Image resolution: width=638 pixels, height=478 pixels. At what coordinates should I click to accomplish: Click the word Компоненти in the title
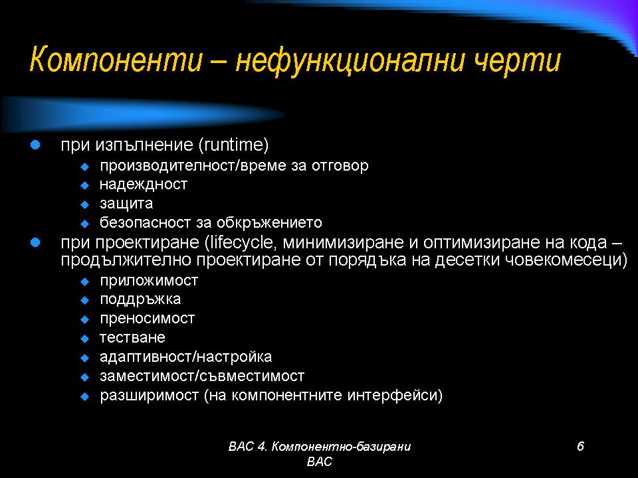pyautogui.click(x=116, y=60)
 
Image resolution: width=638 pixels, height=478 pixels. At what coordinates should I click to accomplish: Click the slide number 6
pyautogui.click(x=580, y=446)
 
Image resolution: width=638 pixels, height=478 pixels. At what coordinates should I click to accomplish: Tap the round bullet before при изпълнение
pyautogui.click(x=35, y=145)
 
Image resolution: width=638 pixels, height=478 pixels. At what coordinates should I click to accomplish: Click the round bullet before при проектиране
pyautogui.click(x=35, y=243)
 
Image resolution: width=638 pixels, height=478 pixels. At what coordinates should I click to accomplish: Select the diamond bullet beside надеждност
pyautogui.click(x=84, y=186)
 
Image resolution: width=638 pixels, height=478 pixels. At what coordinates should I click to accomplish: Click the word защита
pyautogui.click(x=126, y=204)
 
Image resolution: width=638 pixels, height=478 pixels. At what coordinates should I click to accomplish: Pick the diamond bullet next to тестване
pyautogui.click(x=84, y=339)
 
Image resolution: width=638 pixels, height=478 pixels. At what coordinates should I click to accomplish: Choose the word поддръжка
pyautogui.click(x=140, y=299)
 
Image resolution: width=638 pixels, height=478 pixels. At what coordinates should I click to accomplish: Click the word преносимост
pyautogui.click(x=148, y=318)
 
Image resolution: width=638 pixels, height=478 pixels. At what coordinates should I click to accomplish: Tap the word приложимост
pyautogui.click(x=149, y=280)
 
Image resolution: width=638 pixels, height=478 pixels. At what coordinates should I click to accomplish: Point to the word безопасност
pyautogui.click(x=146, y=222)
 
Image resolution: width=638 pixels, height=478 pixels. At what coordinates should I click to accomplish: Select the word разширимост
pyautogui.click(x=150, y=396)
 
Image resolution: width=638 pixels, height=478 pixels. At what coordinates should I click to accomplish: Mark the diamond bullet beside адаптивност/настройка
pyautogui.click(x=84, y=358)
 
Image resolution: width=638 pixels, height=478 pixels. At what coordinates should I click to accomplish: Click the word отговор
pyautogui.click(x=340, y=166)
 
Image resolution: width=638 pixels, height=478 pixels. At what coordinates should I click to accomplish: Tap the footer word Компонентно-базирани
pyautogui.click(x=341, y=447)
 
